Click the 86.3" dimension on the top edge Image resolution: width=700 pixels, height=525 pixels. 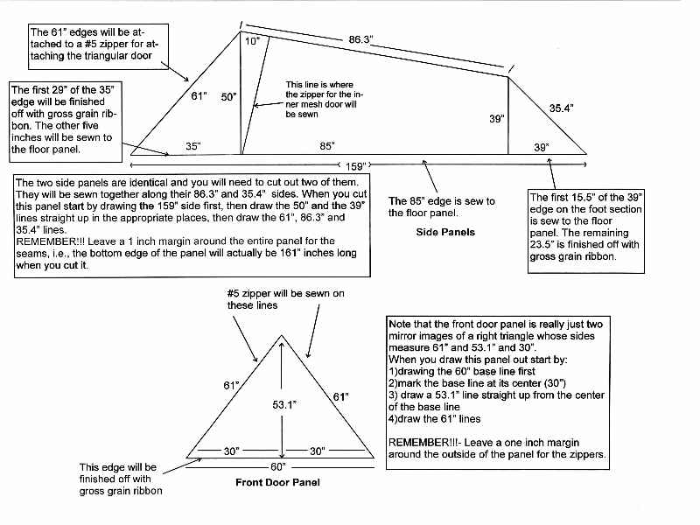361,39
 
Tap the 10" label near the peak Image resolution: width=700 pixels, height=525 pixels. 252,41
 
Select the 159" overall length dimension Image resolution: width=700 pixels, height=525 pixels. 355,164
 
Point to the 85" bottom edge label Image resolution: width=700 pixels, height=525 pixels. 326,145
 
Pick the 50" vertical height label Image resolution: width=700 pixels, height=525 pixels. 229,97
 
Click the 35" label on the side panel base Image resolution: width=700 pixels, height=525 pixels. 192,145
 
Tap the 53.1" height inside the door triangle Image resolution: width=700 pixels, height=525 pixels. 297,405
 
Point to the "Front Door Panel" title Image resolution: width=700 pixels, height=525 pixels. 278,483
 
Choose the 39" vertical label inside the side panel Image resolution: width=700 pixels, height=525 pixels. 496,119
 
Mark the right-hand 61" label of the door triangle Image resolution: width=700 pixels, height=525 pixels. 341,397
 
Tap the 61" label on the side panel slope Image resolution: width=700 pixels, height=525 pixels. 198,96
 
